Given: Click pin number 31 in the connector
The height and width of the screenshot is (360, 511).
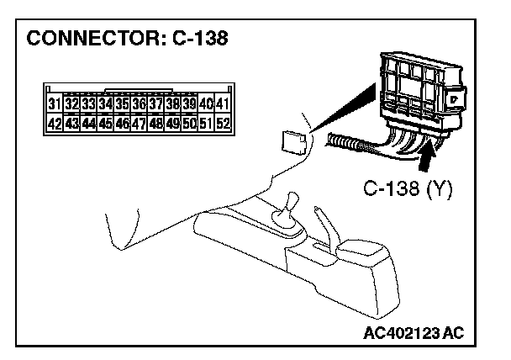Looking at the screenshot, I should pyautogui.click(x=54, y=105).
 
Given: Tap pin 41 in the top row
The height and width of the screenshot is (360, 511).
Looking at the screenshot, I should pyautogui.click(x=223, y=105).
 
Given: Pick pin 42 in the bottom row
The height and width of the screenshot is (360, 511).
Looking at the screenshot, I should pyautogui.click(x=54, y=124).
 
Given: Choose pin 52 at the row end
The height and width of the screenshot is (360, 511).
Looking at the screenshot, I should pyautogui.click(x=223, y=124).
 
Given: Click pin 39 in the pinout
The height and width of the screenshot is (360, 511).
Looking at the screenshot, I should pyautogui.click(x=189, y=105).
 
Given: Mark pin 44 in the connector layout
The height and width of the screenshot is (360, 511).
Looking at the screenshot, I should pyautogui.click(x=88, y=124).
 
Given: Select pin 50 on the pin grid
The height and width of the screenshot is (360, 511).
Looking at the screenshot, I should pyautogui.click(x=189, y=124).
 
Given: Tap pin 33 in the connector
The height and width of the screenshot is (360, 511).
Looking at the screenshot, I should pyautogui.click(x=88, y=105).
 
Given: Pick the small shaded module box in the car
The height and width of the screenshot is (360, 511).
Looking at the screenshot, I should pyautogui.click(x=291, y=140).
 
